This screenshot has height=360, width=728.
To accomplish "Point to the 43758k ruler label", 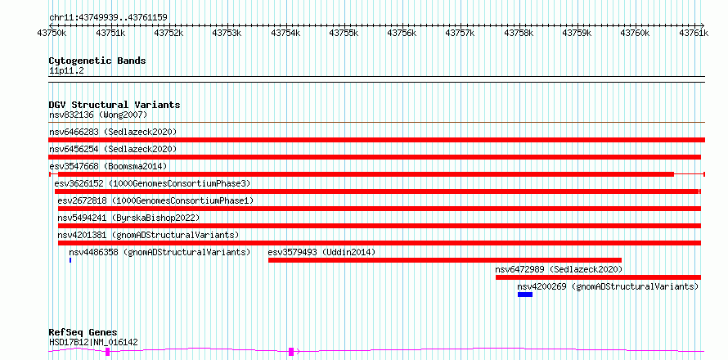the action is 518,33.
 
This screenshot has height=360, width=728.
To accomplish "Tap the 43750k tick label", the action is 51,33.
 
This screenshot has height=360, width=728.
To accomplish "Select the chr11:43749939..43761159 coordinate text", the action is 108,17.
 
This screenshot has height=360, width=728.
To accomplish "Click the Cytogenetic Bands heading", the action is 97,61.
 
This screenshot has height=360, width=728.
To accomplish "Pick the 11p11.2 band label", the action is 66,71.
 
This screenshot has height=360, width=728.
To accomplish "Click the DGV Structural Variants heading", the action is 115,105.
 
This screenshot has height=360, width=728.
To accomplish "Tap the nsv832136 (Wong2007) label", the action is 98,115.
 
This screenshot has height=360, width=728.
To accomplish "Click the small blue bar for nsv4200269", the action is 525,295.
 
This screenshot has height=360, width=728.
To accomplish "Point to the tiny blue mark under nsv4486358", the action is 70,260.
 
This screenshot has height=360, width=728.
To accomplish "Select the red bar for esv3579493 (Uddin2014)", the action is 445,260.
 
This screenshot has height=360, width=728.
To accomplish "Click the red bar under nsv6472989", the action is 598,277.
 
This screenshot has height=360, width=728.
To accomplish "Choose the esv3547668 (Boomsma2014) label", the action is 108,166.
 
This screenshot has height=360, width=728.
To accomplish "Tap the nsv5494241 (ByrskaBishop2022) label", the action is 128,218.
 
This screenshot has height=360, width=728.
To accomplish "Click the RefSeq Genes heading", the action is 83,333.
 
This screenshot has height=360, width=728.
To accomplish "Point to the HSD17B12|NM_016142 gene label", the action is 93,342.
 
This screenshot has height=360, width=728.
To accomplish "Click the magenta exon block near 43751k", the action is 108,352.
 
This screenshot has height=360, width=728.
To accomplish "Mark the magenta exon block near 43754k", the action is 291,352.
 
